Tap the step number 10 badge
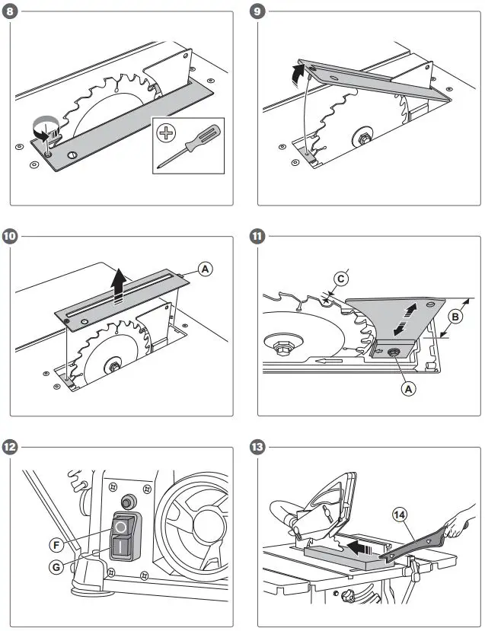(10, 236)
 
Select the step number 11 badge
(259, 236)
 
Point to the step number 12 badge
(10, 447)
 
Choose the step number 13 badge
(259, 447)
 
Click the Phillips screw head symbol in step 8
(165, 132)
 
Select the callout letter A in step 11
(409, 388)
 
